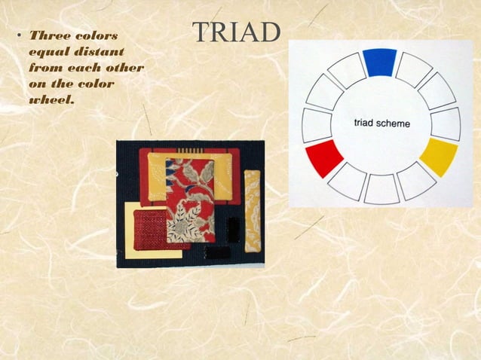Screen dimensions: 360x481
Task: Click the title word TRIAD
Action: point(237,32)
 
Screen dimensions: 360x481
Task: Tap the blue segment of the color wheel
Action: point(379,63)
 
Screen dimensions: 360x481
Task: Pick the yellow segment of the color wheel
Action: point(439,156)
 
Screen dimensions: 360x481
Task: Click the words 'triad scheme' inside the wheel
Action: point(382,122)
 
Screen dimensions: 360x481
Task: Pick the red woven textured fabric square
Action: point(151,227)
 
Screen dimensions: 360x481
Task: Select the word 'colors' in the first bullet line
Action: point(97,35)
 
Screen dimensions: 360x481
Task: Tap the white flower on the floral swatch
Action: point(184,223)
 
